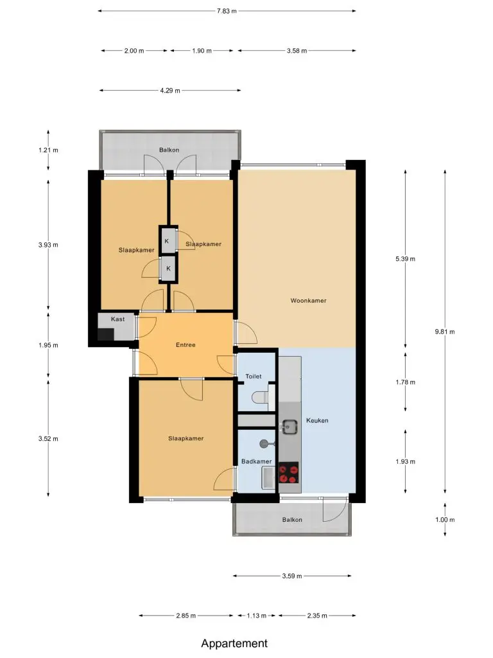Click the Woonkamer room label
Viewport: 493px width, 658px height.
click(308, 301)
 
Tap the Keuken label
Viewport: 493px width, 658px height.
click(317, 420)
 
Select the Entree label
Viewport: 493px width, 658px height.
click(186, 345)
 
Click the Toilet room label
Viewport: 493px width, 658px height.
click(253, 377)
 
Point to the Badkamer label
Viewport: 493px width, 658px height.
click(256, 461)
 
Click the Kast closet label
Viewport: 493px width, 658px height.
click(118, 319)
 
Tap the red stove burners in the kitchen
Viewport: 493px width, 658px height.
click(288, 473)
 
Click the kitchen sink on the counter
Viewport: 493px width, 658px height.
click(289, 427)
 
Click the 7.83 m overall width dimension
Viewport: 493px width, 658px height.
click(227, 11)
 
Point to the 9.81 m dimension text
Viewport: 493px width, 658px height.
click(445, 332)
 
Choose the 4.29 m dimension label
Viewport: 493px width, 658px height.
click(169, 90)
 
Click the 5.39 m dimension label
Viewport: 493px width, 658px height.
click(405, 259)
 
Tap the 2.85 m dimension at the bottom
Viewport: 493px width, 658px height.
click(186, 616)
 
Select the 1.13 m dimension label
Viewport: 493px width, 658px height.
click(256, 616)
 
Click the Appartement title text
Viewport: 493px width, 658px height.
click(234, 643)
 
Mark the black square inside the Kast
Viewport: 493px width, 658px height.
click(106, 334)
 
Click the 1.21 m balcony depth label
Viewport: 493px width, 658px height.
click(48, 150)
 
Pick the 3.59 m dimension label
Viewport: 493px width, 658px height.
click(292, 576)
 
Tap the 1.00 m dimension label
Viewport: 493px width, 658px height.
click(445, 519)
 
